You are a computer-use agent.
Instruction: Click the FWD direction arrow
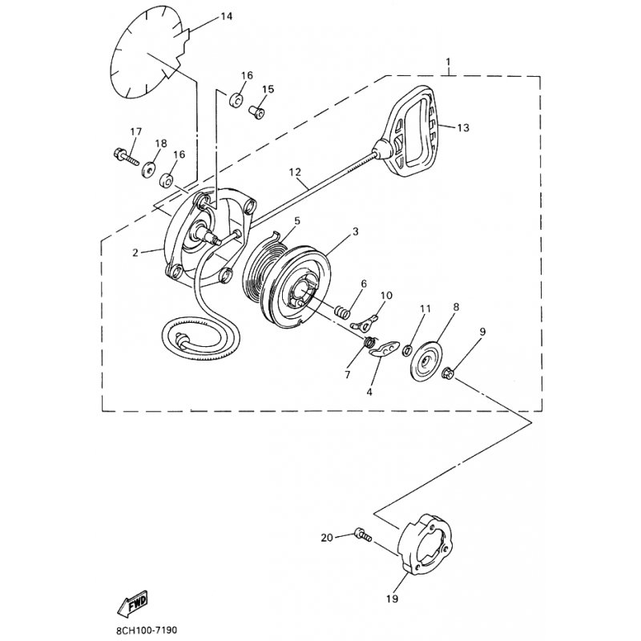tap(133, 603)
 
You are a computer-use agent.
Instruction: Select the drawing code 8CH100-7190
tap(147, 630)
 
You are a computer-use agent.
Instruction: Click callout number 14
tap(227, 16)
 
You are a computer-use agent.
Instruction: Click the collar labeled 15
tap(256, 111)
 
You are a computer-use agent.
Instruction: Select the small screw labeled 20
tap(363, 534)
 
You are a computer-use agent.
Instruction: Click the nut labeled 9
tap(450, 373)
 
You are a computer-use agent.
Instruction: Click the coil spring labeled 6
tap(343, 312)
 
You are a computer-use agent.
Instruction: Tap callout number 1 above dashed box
tap(449, 62)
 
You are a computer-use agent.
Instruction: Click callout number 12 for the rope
tap(295, 171)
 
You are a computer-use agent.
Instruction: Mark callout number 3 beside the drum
tap(355, 232)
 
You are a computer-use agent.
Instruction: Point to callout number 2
tap(135, 252)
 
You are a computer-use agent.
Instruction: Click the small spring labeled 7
tap(369, 341)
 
